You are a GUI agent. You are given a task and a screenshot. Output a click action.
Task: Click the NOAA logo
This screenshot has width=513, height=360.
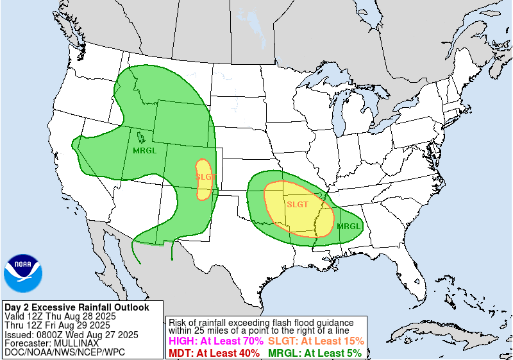tap(22, 273)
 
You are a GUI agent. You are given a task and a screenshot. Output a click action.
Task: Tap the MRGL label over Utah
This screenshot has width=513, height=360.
tap(144, 151)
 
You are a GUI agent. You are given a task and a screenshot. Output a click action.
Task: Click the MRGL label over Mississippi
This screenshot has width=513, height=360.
tap(349, 226)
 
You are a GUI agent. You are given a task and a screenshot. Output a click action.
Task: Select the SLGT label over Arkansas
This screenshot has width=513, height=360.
tap(298, 205)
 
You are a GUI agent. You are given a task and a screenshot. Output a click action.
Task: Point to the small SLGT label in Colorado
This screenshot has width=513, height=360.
tap(205, 176)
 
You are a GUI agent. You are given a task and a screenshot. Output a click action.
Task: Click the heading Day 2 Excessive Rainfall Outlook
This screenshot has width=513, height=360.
tap(76, 307)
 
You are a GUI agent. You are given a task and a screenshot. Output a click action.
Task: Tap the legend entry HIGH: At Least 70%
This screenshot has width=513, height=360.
tap(214, 341)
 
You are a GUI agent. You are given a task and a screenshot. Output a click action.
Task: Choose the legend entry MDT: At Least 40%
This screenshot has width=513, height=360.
tap(214, 353)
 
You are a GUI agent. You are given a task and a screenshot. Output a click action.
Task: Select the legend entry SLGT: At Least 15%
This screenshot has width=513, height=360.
tap(315, 341)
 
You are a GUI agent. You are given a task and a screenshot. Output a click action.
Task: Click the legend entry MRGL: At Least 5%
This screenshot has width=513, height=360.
tap(314, 353)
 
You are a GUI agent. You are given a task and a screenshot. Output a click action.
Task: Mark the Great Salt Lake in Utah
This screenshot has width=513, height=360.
tap(139, 136)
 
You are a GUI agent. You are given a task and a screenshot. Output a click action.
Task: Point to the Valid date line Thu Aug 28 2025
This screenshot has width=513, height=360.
tap(60, 316)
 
